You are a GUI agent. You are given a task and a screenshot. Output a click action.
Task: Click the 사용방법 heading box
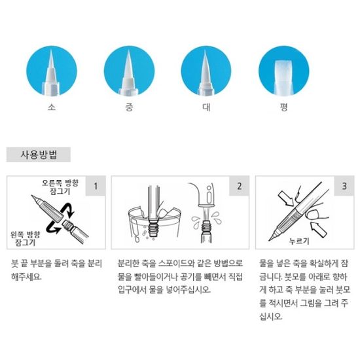click(39, 156)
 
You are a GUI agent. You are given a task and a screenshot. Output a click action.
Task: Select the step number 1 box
click(95, 186)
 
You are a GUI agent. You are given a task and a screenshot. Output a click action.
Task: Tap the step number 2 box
click(239, 186)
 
